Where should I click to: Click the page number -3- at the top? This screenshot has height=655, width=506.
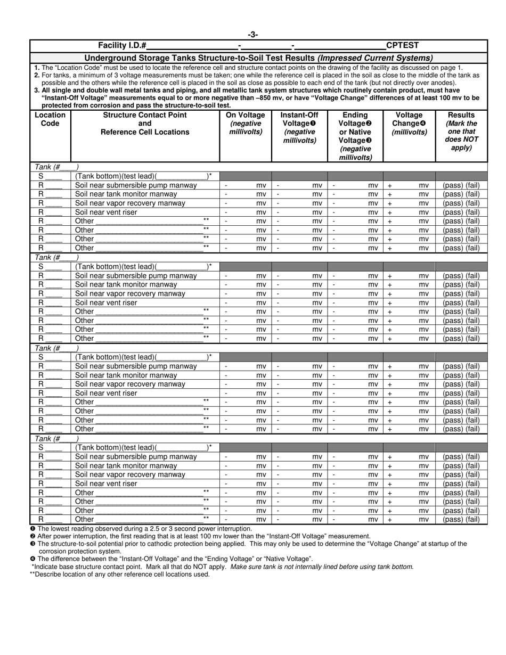pos(253,35)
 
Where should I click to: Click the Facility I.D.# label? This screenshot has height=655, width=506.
pos(123,46)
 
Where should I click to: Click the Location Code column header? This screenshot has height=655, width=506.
pos(50,119)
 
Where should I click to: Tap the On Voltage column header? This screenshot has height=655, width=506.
pos(246,123)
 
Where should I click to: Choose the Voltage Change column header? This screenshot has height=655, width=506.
pos(409,123)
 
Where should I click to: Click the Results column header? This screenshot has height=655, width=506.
pos(461,131)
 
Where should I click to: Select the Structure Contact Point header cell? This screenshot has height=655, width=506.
pos(145,123)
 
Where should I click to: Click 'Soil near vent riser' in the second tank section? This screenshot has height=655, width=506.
pos(106,302)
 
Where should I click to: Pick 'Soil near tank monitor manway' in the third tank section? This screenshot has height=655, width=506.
pos(126,375)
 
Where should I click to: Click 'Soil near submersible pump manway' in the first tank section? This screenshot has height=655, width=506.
pos(136,185)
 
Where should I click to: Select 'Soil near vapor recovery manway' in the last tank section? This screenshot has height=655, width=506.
pos(130,474)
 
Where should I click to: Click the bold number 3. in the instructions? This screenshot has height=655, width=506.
pos(36,91)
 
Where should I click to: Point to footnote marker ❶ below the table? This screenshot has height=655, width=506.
pos(33,529)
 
